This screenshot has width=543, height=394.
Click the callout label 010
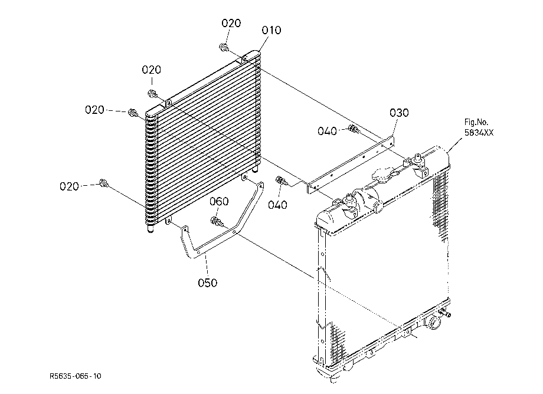click(x=271, y=31)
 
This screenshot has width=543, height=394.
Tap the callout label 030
click(x=399, y=113)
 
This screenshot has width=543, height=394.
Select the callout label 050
click(x=207, y=283)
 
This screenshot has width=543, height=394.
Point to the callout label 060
click(x=219, y=201)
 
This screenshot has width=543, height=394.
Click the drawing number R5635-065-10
click(x=76, y=376)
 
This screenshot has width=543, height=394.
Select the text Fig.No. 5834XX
click(x=479, y=127)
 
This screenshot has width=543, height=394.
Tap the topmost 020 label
click(x=231, y=23)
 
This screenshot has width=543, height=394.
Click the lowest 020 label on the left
click(x=69, y=187)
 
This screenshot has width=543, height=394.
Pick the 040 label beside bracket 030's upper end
click(x=327, y=131)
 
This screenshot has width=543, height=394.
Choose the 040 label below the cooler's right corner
click(x=277, y=205)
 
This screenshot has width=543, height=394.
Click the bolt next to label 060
click(x=217, y=221)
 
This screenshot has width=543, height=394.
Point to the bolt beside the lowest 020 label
click(x=103, y=183)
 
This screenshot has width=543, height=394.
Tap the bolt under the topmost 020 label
click(x=224, y=47)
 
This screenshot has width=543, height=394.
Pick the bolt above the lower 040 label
click(x=281, y=180)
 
